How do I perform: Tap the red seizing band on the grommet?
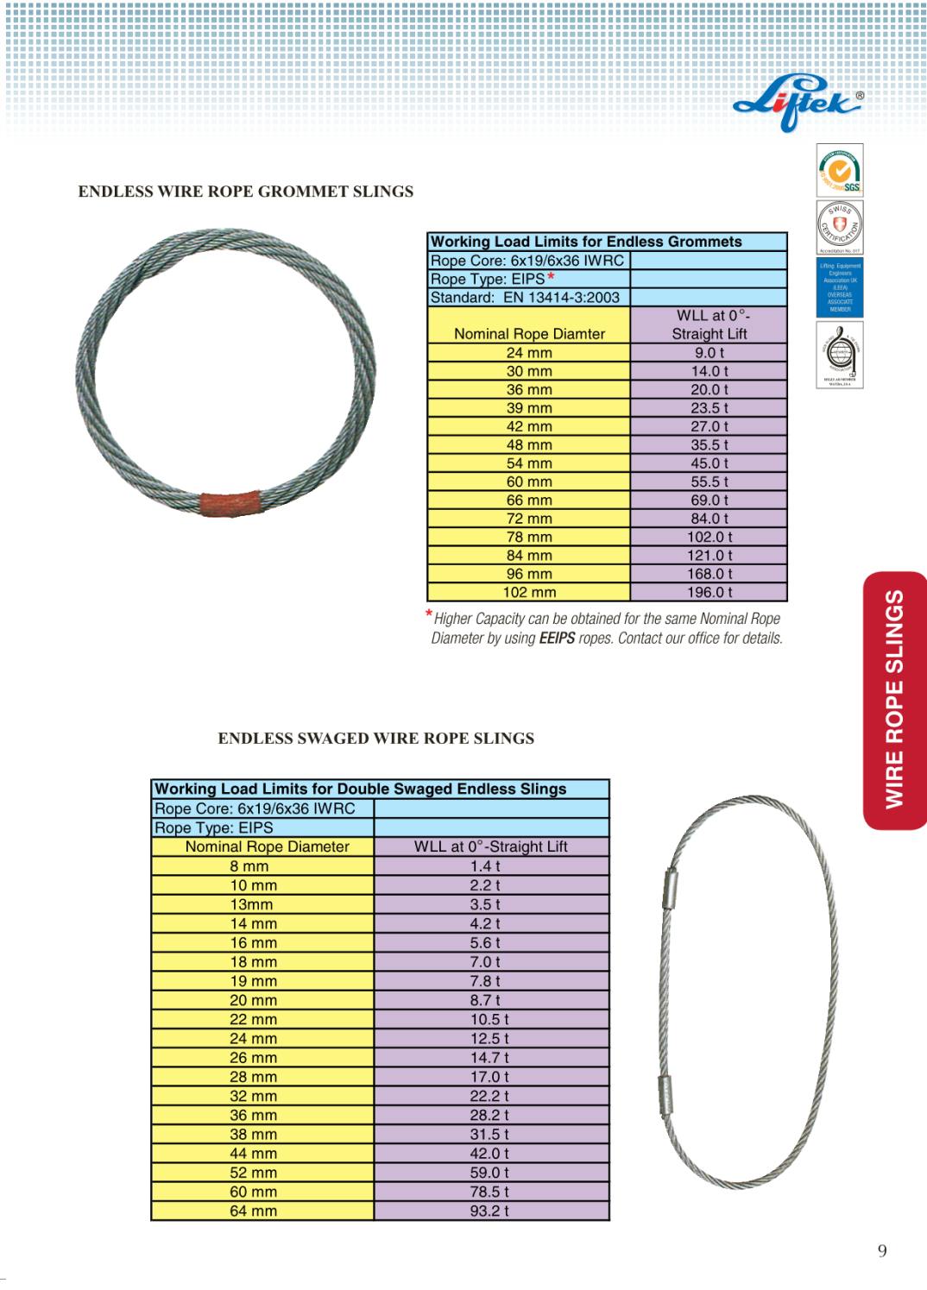pyautogui.click(x=230, y=503)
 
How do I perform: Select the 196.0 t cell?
pyautogui.click(x=709, y=593)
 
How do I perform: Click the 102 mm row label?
pyautogui.click(x=529, y=593)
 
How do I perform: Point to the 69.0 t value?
pyautogui.click(x=709, y=500)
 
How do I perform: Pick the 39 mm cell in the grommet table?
pyautogui.click(x=529, y=408)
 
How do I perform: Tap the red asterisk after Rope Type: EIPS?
pyautogui.click(x=551, y=277)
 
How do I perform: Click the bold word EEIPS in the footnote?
pyautogui.click(x=557, y=639)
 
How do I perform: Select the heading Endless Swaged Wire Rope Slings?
pyautogui.click(x=375, y=739)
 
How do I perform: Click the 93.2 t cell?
pyautogui.click(x=489, y=1211)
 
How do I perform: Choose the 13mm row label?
pyautogui.click(x=251, y=905)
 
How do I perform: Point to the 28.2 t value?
pyautogui.click(x=489, y=1116)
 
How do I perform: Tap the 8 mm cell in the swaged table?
pyautogui.click(x=249, y=866)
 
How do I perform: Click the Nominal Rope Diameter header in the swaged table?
pyautogui.click(x=268, y=847)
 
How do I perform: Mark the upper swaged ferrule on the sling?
pyautogui.click(x=670, y=889)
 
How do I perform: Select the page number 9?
pyautogui.click(x=882, y=1251)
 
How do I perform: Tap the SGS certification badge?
pyautogui.click(x=840, y=170)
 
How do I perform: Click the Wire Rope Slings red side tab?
pyautogui.click(x=895, y=700)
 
